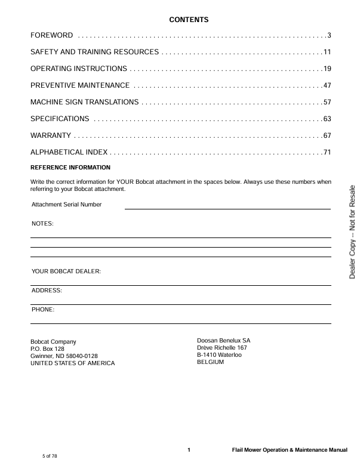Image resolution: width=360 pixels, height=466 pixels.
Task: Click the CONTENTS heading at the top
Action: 189,20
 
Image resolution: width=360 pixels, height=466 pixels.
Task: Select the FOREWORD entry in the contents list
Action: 52,36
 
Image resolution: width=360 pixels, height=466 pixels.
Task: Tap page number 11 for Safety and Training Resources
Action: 327,53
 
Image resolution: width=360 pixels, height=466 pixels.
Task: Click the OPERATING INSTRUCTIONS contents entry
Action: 78,69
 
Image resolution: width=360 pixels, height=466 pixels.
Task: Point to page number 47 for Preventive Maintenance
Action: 327,85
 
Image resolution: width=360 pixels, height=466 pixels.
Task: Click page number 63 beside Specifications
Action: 327,119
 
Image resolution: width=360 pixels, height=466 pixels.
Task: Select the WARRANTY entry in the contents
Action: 51,135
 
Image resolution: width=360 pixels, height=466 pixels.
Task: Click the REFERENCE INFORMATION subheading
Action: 70,167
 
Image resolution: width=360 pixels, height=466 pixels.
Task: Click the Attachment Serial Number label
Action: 66,205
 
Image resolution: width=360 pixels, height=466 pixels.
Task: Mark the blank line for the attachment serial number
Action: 227,208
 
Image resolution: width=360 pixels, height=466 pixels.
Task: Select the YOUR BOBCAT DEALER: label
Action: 66,271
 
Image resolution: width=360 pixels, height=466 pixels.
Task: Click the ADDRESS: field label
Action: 47,291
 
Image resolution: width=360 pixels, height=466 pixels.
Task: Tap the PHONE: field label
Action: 43,310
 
